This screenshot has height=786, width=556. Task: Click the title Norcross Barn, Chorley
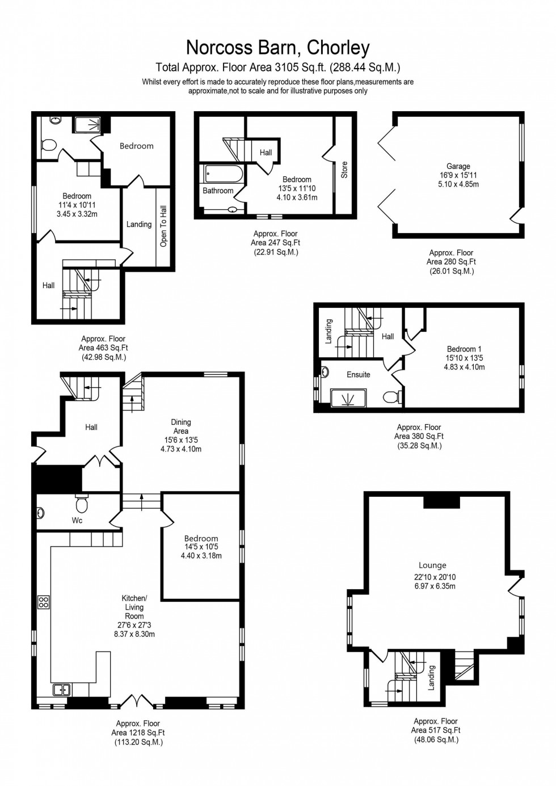pos(278,48)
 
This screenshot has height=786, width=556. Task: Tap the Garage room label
pos(458,166)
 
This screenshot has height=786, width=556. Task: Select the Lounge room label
pos(432,565)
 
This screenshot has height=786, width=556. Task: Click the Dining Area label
pos(181,426)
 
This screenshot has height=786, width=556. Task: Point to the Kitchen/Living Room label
pos(134,607)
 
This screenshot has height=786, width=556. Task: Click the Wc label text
pos(77,520)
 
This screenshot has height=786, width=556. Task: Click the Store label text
pos(344,170)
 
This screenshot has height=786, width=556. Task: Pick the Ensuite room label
pos(358,375)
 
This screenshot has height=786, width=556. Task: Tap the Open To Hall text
pos(164,226)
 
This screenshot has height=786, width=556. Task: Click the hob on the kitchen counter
pos(44,602)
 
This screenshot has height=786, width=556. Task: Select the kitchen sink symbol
pos(61,690)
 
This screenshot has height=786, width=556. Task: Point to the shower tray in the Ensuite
pos(347,399)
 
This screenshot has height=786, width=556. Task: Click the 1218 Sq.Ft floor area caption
pos(138,733)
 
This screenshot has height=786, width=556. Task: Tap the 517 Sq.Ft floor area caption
pos(436,730)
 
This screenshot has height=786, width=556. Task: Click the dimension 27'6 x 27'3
pos(134,626)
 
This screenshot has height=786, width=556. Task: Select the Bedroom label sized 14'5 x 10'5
pos(201,539)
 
